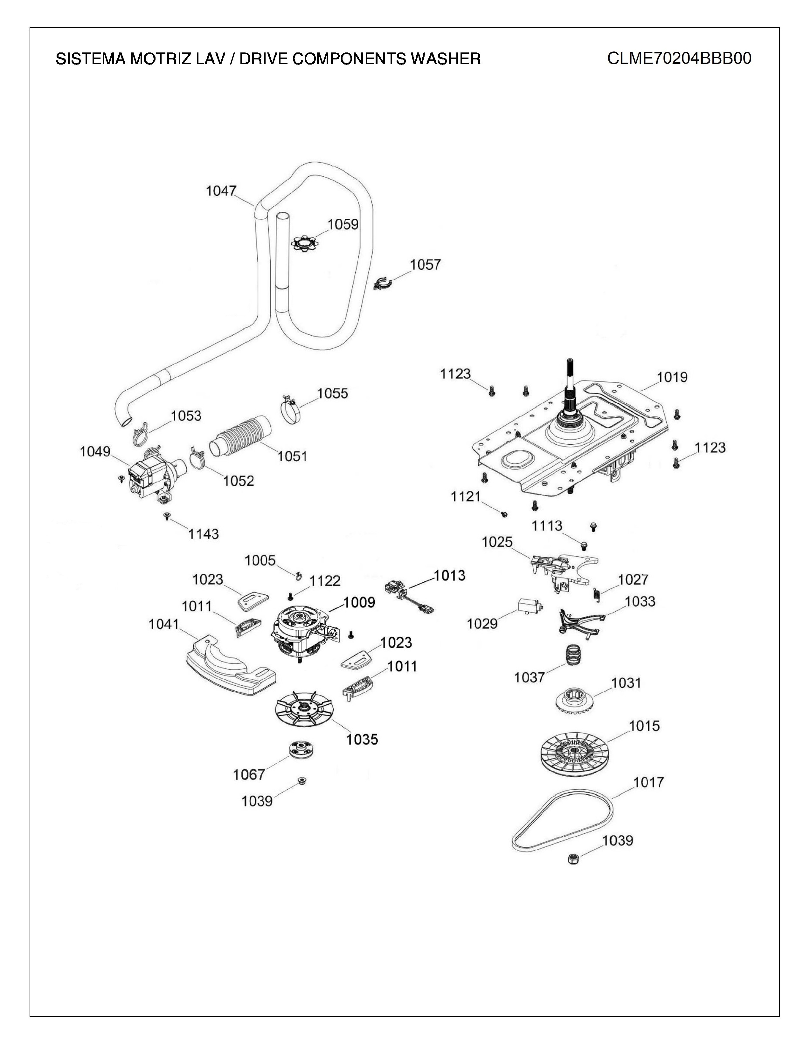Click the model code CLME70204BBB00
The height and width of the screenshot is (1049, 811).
point(679,58)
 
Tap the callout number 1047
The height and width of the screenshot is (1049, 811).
point(221,191)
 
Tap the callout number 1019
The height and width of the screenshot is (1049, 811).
point(672,377)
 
